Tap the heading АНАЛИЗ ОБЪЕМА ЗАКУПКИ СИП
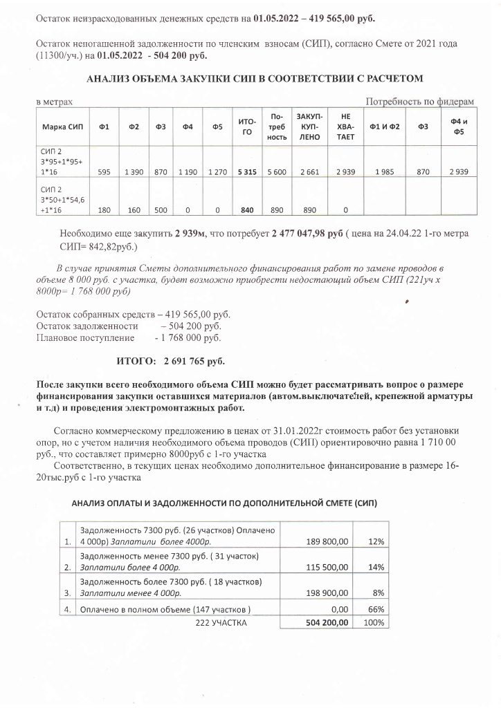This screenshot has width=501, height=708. [254, 79]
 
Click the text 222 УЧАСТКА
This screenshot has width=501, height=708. [221, 622]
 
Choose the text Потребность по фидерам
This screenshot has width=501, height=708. [419, 102]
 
